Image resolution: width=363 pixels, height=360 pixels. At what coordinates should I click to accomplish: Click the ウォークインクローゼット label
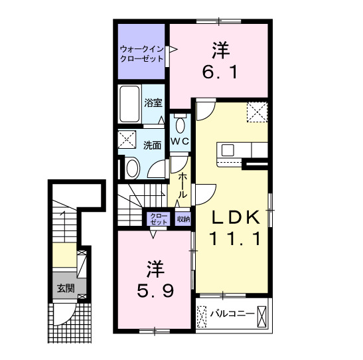141,53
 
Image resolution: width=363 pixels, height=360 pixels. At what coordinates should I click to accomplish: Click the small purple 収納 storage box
183,218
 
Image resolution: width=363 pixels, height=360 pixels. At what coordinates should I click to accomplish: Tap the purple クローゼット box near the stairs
159,219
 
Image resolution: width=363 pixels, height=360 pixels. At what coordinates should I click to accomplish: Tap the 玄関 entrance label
65,288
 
